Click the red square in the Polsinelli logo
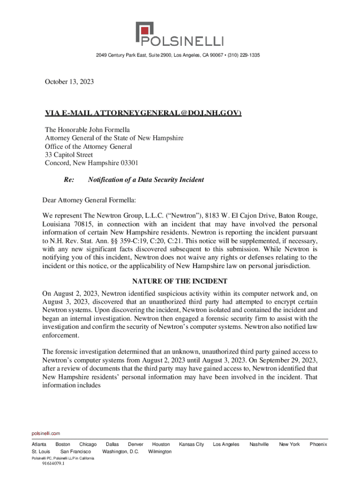(x=144, y=32)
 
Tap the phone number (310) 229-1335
(x=244, y=55)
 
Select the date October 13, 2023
(x=69, y=82)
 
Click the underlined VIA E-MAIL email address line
(x=143, y=113)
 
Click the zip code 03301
(x=129, y=163)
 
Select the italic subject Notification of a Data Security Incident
(x=146, y=180)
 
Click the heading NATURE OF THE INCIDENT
(x=180, y=281)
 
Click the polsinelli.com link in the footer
(x=45, y=434)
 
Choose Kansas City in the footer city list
(x=192, y=444)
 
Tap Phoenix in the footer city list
(x=318, y=444)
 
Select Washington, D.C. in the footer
(x=121, y=451)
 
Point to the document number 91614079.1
(x=53, y=464)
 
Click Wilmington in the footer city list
(x=160, y=451)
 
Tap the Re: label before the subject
(x=69, y=180)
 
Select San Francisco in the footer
(x=76, y=451)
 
